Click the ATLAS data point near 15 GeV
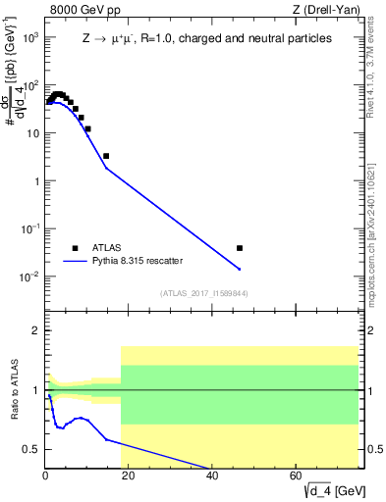point(106,156)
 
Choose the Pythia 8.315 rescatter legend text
point(138,262)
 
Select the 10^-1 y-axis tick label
point(30,228)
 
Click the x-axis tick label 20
point(129,477)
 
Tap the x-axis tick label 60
point(297,477)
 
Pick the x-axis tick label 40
point(212,477)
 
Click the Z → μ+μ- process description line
point(206,37)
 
